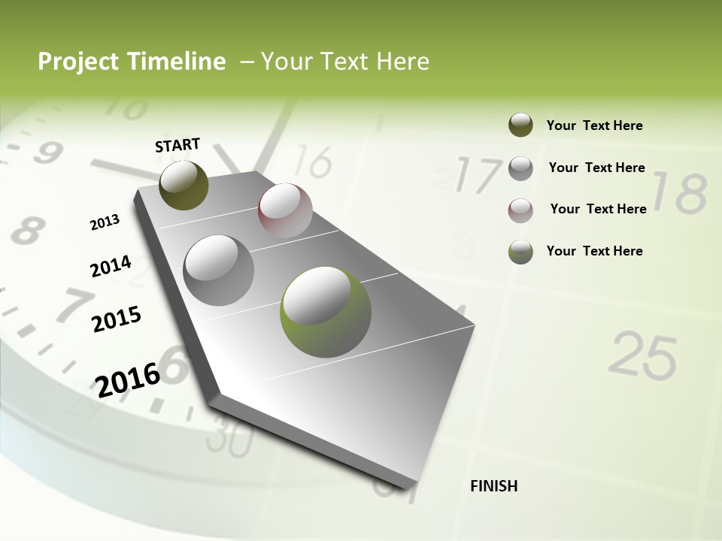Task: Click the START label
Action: click(177, 145)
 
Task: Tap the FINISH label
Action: click(493, 486)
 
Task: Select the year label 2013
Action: click(105, 222)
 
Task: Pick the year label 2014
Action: click(111, 266)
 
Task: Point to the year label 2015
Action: click(116, 319)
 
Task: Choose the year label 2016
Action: click(128, 379)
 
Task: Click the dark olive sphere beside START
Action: click(184, 185)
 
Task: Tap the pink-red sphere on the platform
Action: click(285, 210)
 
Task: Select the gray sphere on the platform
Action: click(219, 270)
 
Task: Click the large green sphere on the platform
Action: click(326, 312)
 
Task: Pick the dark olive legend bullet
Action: click(520, 125)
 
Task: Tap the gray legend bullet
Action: click(520, 168)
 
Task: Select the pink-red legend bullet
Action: click(520, 210)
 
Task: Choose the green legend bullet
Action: click(520, 252)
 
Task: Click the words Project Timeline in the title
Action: click(132, 62)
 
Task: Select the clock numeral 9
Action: click(47, 153)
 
